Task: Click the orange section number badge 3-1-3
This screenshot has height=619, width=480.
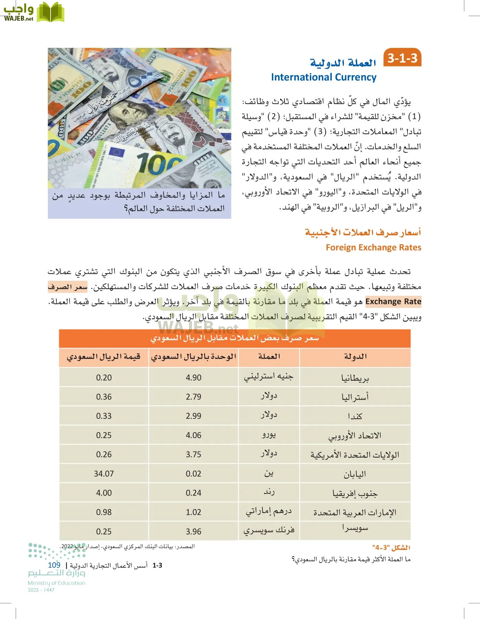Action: tap(402, 58)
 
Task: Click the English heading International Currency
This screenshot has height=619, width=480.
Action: tap(324, 77)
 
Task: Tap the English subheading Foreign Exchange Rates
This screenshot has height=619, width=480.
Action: tap(373, 247)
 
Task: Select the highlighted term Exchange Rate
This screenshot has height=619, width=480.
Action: tap(393, 302)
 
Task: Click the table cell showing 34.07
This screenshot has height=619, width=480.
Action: tap(103, 474)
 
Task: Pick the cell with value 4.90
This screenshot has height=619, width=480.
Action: tap(193, 377)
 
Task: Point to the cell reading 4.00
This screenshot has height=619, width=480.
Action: tap(103, 493)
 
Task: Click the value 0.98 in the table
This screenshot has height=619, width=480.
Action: tap(103, 512)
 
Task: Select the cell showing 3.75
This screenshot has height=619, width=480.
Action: tap(193, 454)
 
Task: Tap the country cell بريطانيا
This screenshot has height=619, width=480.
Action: tap(355, 378)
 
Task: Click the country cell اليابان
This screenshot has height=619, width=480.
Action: tap(355, 474)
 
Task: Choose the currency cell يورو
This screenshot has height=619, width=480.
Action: tap(269, 435)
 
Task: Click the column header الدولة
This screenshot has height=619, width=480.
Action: tap(355, 357)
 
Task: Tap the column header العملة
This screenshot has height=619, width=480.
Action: tap(269, 357)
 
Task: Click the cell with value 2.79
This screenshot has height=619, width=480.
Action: tap(193, 397)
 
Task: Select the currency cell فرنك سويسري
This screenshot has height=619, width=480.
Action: tap(269, 531)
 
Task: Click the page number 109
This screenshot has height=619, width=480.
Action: tap(54, 565)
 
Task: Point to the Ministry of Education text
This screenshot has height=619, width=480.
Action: tap(56, 583)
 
